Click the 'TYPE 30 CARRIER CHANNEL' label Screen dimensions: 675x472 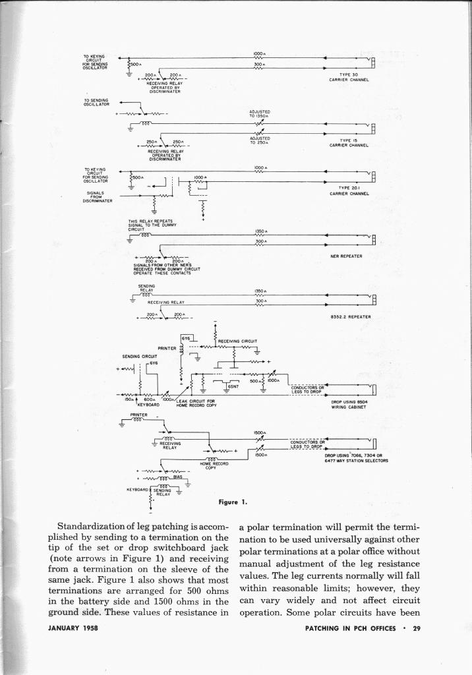tap(348, 77)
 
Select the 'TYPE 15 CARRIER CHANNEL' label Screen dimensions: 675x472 tap(348, 142)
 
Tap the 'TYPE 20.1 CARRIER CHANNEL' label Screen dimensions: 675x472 tap(348, 191)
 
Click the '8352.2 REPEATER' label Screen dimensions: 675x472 tap(348, 316)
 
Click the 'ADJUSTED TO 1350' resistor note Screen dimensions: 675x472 tap(260, 114)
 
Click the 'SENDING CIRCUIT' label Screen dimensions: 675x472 tap(137, 357)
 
